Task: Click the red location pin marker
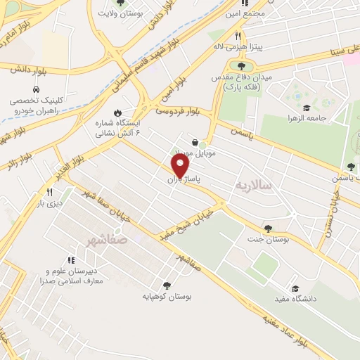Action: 181,166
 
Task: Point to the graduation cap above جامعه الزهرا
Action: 307,108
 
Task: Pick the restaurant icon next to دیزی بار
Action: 49,192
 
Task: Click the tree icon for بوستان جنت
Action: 267,229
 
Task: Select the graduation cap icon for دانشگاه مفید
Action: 295,288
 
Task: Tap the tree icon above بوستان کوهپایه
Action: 167,285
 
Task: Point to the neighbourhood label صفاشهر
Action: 103,240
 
